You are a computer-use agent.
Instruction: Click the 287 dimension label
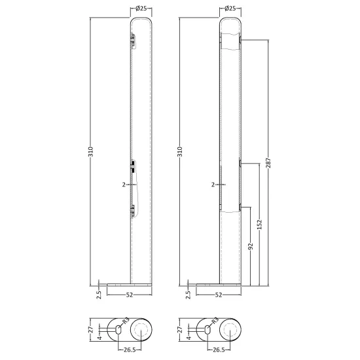tap(268, 163)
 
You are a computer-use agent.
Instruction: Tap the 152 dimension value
tap(259, 225)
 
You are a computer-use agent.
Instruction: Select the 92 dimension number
tap(251, 246)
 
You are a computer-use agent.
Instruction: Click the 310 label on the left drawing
tap(91, 152)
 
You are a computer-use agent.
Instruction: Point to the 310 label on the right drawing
tap(180, 152)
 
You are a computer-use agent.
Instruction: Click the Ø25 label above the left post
tap(141, 9)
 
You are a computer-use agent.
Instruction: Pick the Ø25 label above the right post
tap(230, 9)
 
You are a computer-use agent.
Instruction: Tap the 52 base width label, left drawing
tap(130, 295)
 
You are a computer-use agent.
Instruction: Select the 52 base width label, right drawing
tap(219, 295)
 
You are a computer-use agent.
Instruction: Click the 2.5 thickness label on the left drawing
tap(99, 295)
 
